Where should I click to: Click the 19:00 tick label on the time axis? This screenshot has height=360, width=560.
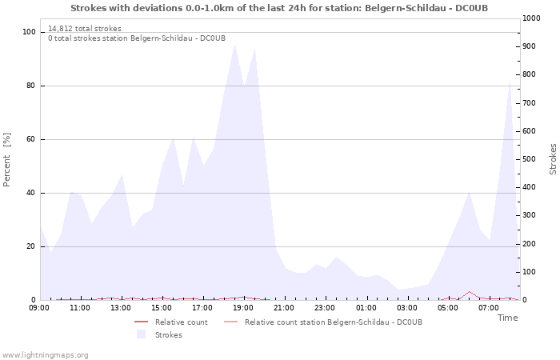243,308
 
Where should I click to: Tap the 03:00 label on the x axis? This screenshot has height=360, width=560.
406,308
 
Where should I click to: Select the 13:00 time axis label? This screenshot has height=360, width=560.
120,308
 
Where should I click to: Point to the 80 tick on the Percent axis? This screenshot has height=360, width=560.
31,86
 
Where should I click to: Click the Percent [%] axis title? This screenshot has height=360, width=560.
6,160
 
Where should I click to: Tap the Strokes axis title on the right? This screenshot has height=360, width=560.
553,159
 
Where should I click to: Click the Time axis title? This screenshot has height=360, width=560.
507,318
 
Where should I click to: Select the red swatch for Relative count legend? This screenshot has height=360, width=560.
141,322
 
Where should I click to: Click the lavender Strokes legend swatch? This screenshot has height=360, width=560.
141,334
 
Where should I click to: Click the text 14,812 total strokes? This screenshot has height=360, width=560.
85,29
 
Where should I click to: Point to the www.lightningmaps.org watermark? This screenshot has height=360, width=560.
44,355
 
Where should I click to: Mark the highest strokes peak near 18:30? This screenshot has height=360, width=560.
234,44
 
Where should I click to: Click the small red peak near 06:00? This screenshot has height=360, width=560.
470,292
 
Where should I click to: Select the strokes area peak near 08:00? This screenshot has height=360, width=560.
510,80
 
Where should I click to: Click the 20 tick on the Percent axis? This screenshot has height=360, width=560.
31,246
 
